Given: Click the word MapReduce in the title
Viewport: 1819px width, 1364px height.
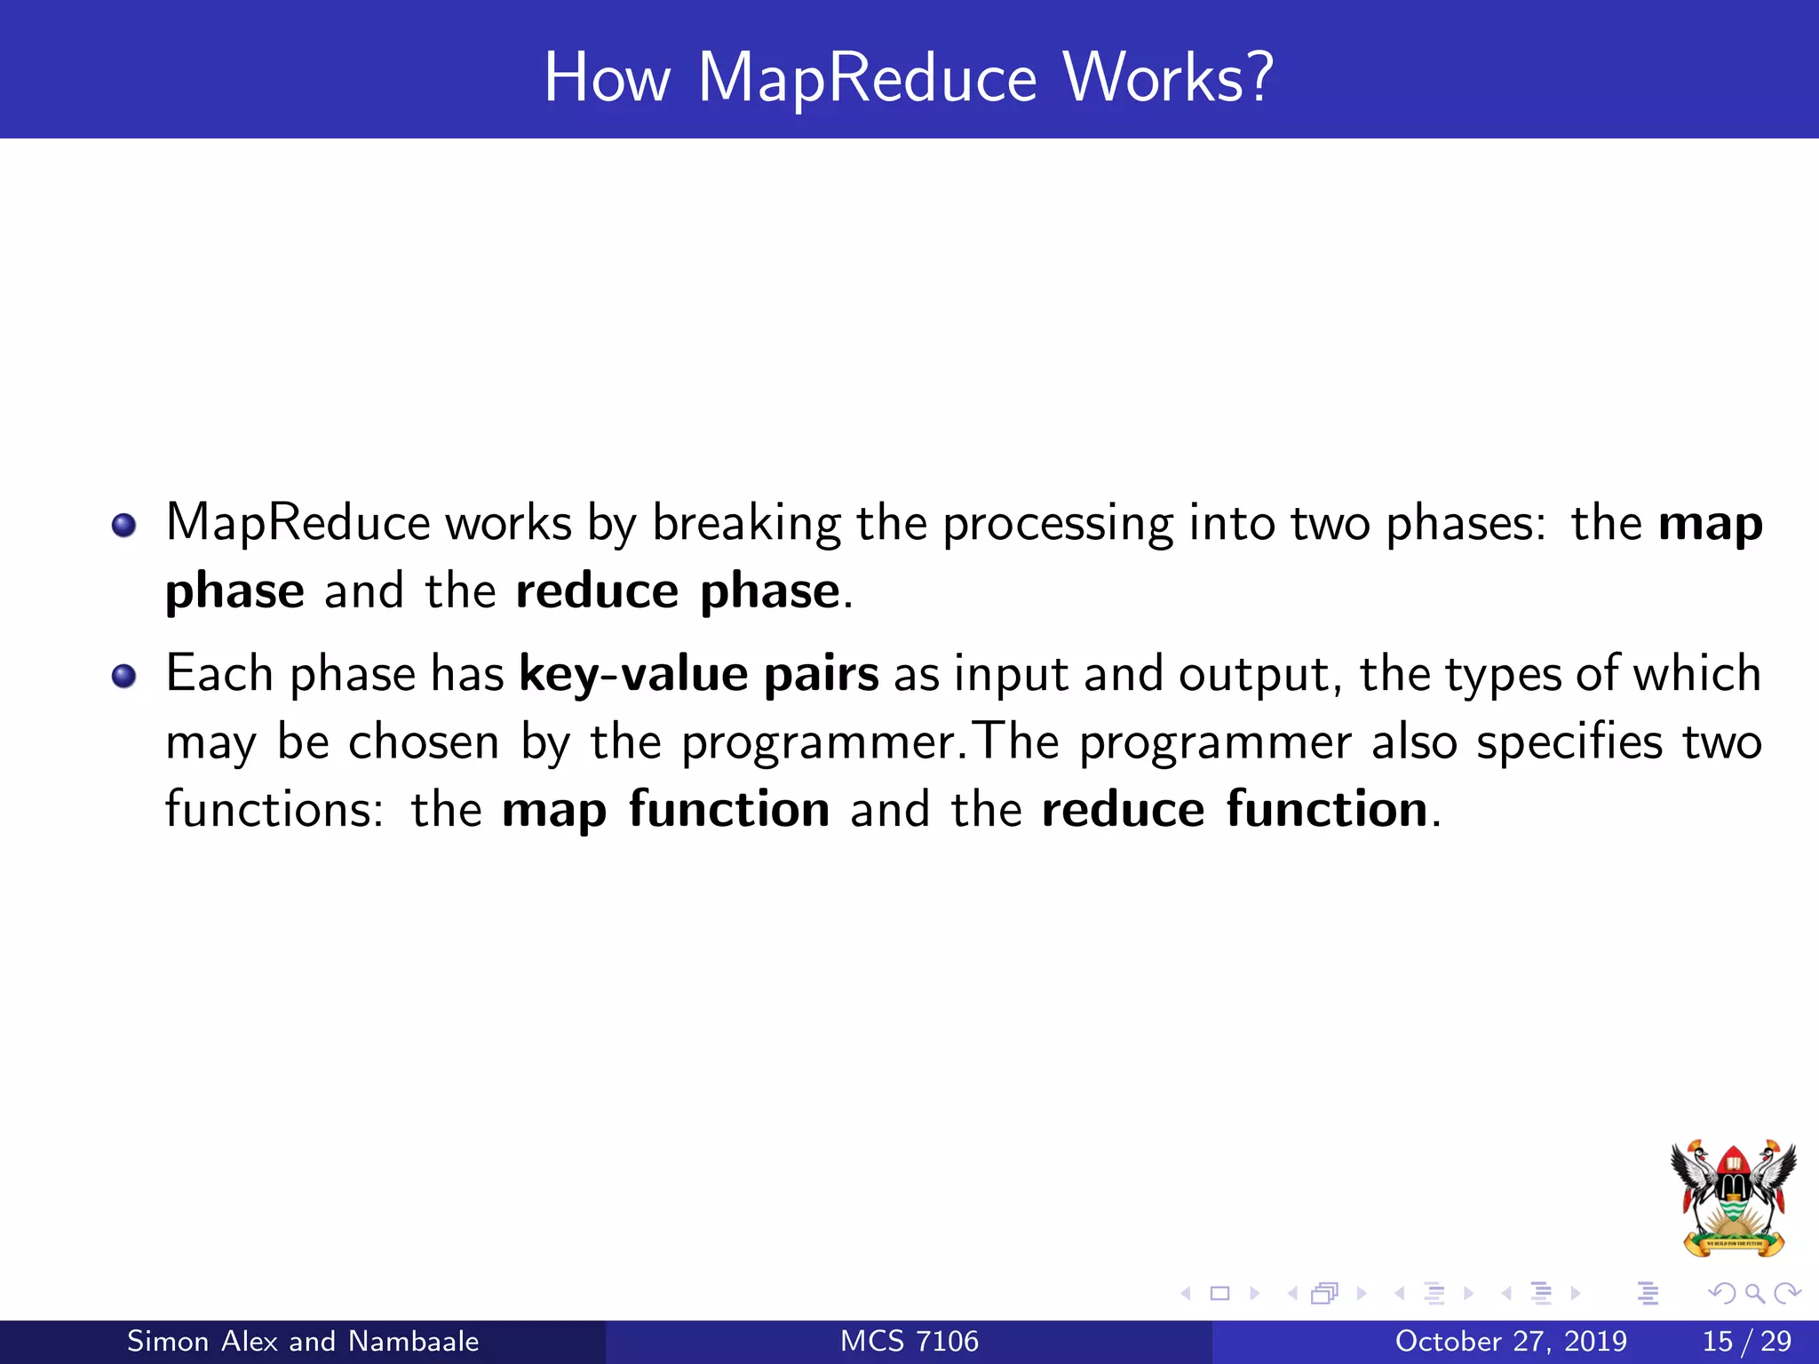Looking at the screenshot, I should (x=867, y=78).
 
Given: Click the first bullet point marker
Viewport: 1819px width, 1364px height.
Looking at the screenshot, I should (x=124, y=525).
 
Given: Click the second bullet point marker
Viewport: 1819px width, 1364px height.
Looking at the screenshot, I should (x=124, y=677).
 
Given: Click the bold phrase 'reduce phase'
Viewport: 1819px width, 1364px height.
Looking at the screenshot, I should (x=678, y=592).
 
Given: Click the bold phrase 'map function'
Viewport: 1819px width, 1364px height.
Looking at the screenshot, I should (x=665, y=811).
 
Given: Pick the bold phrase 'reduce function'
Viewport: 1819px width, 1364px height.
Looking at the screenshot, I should (x=1234, y=811).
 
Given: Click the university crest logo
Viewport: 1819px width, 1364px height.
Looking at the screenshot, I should (x=1733, y=1198).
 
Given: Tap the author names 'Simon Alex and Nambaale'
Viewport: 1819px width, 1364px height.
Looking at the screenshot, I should (x=303, y=1341).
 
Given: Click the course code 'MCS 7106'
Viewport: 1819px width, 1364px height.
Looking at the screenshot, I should (x=909, y=1341).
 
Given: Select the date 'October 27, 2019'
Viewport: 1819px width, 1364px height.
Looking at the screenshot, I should (x=1511, y=1341).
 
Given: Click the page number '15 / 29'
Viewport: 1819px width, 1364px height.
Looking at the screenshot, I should (x=1746, y=1341).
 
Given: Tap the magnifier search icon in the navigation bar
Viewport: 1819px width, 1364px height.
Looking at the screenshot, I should (x=1754, y=1293).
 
